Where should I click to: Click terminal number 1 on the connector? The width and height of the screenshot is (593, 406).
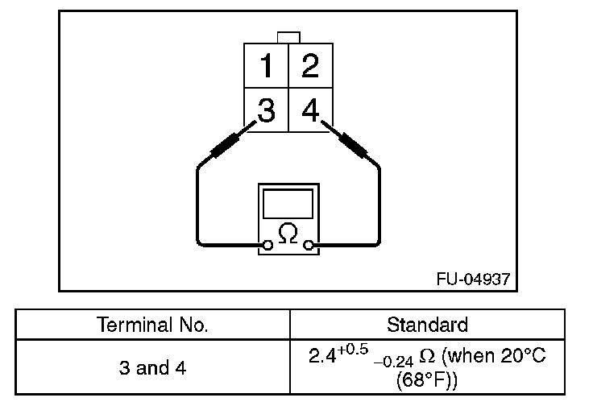267,64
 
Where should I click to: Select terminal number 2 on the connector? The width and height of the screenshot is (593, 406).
310,64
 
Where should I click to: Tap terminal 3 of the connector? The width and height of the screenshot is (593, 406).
266,110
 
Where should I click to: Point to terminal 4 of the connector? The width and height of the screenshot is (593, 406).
310,110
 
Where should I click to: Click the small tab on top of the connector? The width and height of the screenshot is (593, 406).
288,36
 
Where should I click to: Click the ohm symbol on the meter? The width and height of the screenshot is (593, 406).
288,234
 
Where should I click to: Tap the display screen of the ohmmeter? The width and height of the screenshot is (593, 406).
288,201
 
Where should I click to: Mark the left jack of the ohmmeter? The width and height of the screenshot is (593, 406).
267,243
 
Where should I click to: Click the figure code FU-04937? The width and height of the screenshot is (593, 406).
473,279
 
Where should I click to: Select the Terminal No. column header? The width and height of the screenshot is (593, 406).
153,325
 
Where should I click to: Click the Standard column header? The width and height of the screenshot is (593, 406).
427,325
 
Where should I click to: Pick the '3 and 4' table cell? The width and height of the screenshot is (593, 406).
153,367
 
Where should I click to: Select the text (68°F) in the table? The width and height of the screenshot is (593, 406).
427,378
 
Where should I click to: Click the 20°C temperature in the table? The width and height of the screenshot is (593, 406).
524,356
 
